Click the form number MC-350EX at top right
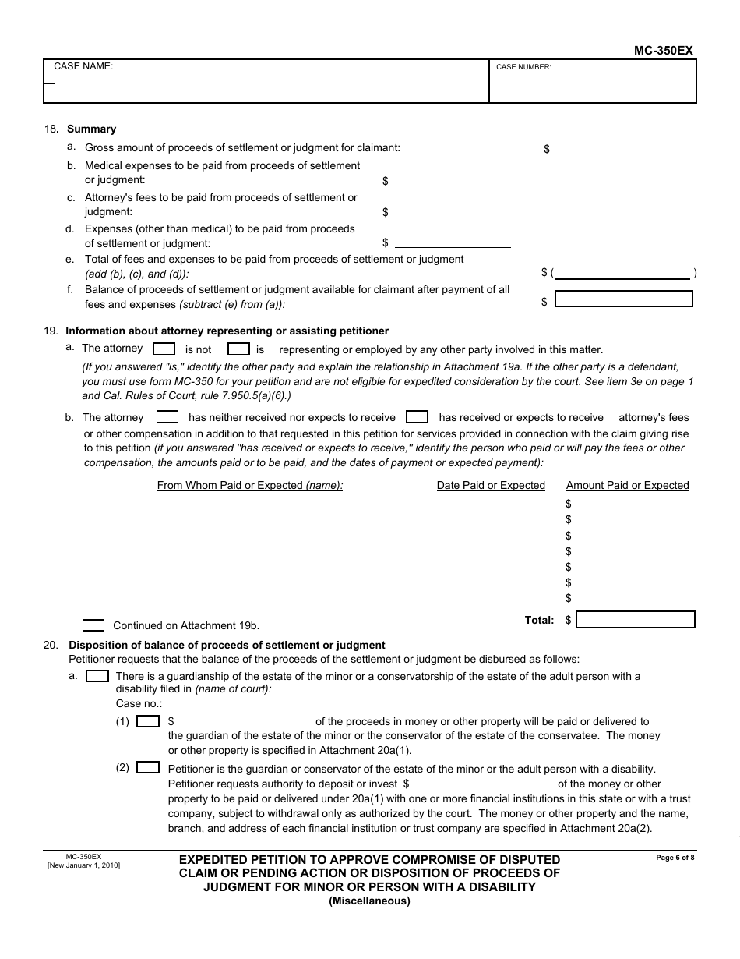click(x=663, y=51)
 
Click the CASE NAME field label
click(x=83, y=66)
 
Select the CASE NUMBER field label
click(x=523, y=67)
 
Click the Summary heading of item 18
click(x=91, y=129)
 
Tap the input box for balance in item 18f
click(x=623, y=299)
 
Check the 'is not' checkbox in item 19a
click(x=164, y=349)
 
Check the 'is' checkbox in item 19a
click(x=238, y=349)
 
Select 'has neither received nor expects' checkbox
click(x=167, y=417)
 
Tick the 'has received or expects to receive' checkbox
click(x=418, y=417)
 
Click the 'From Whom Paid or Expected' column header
click(x=250, y=485)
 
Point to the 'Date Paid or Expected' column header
click(x=491, y=485)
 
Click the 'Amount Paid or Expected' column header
click(x=627, y=485)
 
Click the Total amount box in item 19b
click(x=636, y=620)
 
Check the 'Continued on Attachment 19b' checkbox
click(x=93, y=625)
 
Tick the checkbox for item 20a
click(x=97, y=676)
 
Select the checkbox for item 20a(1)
click(x=148, y=722)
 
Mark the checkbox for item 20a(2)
click(x=148, y=768)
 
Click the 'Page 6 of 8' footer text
click(x=675, y=858)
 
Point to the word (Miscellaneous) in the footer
click(x=369, y=901)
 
